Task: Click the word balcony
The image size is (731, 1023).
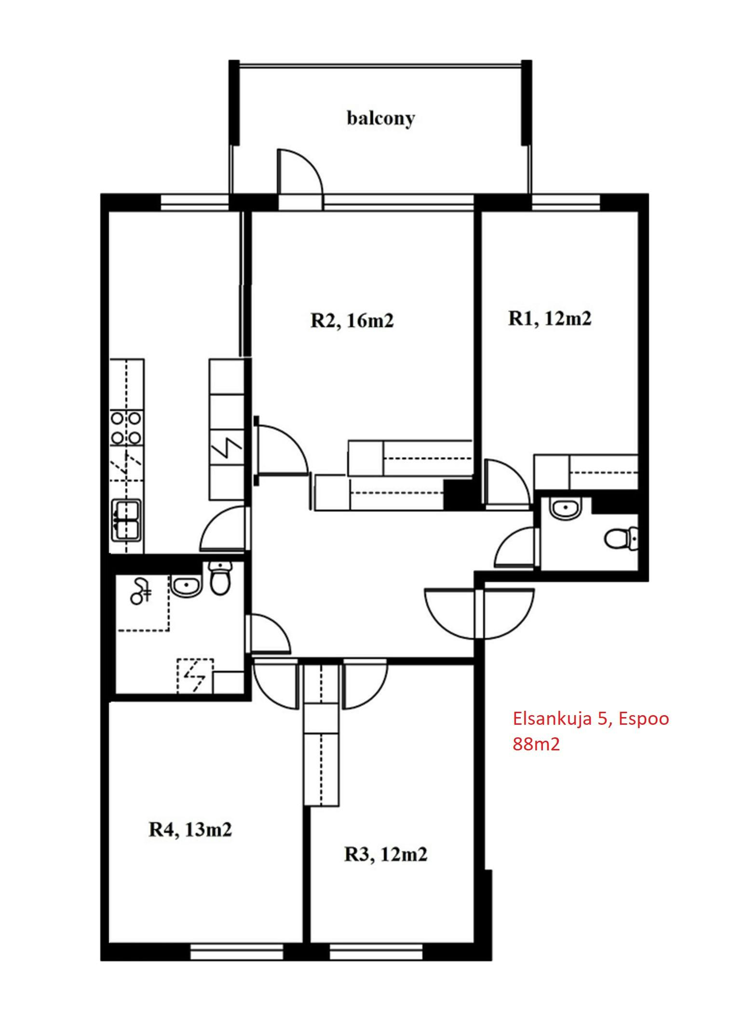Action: tap(380, 119)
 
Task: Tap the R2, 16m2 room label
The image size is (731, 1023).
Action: tap(352, 320)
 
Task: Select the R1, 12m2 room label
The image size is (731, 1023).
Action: tap(549, 318)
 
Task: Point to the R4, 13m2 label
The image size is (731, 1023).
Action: tap(190, 829)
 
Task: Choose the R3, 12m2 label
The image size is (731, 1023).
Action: tap(385, 854)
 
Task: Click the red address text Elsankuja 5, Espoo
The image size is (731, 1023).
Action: tap(591, 719)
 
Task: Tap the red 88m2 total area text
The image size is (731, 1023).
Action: tap(536, 745)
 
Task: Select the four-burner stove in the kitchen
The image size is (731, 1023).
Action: tap(126, 428)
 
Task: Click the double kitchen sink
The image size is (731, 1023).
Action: tap(127, 520)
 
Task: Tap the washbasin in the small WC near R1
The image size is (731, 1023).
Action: tap(567, 509)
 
